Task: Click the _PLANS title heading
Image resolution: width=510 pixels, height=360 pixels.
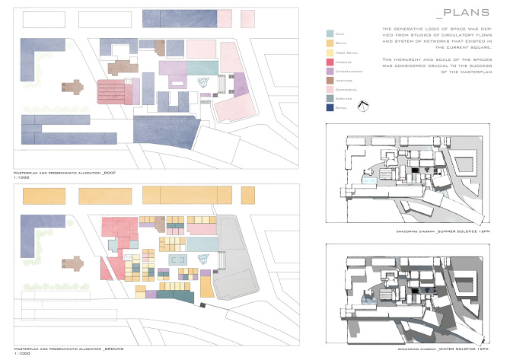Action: click(463, 13)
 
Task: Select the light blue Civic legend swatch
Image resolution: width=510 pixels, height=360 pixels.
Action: click(330, 34)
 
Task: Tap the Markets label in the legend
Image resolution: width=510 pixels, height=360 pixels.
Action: click(343, 62)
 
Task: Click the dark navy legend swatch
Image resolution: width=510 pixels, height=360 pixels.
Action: click(330, 107)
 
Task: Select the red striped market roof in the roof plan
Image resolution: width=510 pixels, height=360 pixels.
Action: click(113, 91)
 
